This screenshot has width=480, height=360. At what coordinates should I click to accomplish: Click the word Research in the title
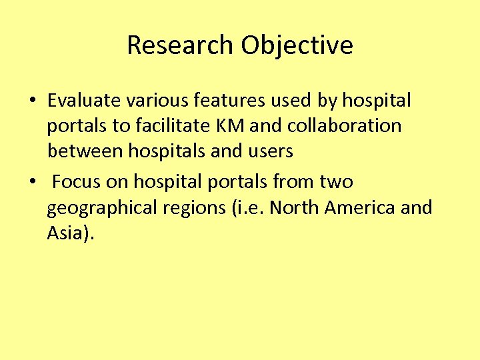coord(181,45)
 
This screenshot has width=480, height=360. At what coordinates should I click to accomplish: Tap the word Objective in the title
coord(297,45)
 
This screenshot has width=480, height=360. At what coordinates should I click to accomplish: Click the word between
coord(84,151)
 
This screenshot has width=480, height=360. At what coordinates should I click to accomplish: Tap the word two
coord(336,182)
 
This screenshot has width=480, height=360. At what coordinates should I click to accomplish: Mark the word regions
coord(194,208)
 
